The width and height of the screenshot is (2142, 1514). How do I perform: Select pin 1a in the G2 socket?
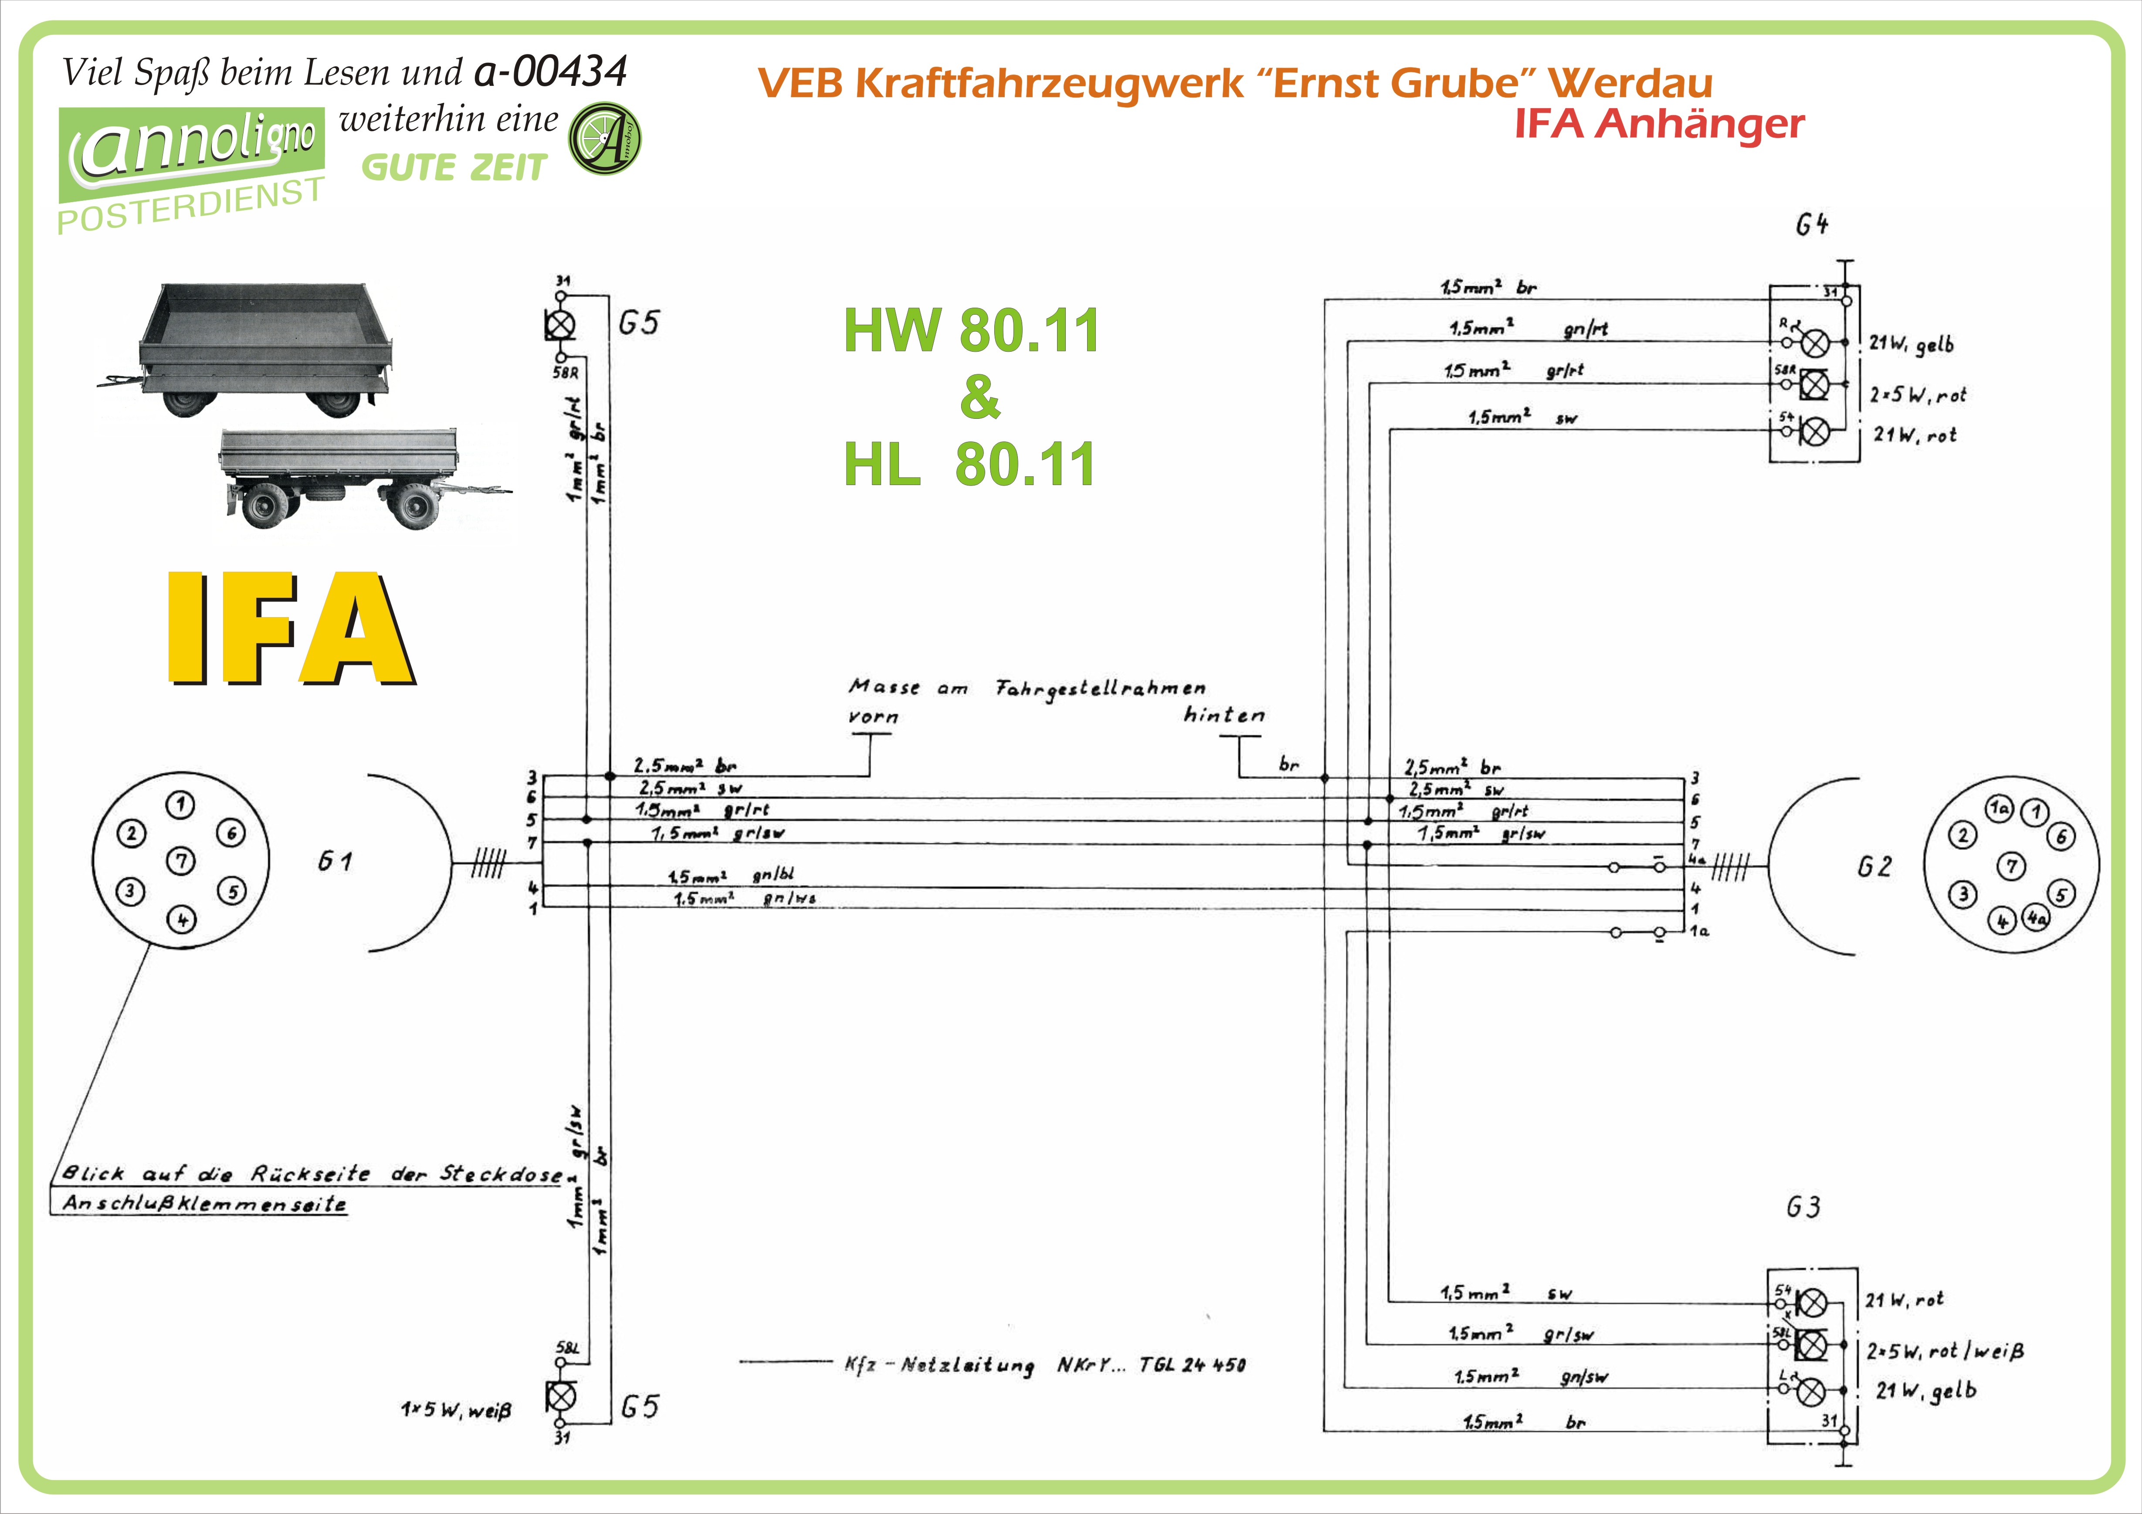click(1998, 809)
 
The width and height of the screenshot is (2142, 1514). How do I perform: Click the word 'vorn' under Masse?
click(873, 716)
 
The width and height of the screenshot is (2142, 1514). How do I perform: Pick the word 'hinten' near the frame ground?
click(1224, 716)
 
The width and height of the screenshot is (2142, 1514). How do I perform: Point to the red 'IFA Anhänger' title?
click(1659, 123)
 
